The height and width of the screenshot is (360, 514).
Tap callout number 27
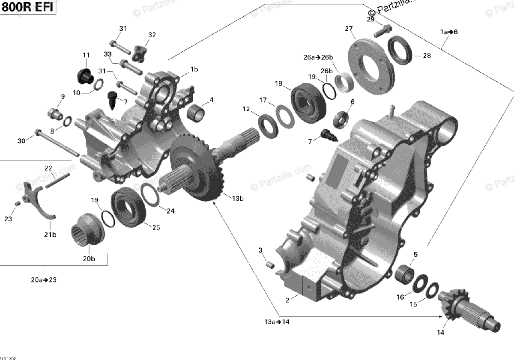[349, 29]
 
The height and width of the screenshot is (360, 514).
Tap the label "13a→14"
[277, 322]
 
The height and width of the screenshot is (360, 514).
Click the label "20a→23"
[44, 280]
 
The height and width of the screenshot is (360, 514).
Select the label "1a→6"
[449, 32]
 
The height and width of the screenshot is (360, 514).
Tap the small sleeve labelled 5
[404, 273]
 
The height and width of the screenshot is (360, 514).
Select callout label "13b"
[238, 199]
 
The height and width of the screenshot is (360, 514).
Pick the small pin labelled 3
[270, 265]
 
